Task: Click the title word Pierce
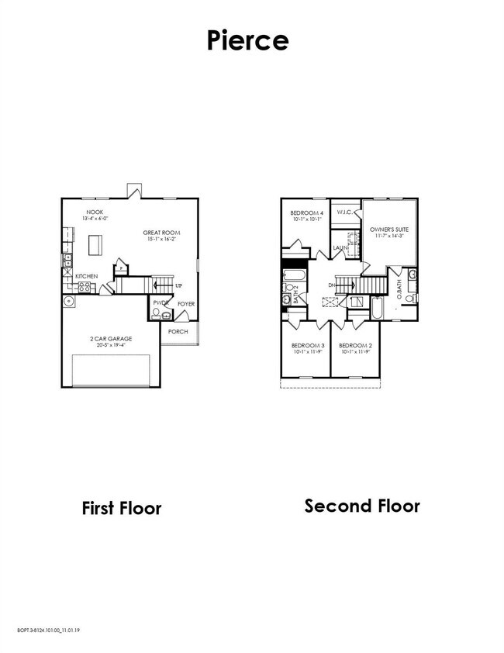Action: pyautogui.click(x=247, y=40)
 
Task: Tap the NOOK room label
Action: pyautogui.click(x=95, y=212)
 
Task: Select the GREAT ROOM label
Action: pyautogui.click(x=161, y=232)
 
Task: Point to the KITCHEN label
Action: pyautogui.click(x=86, y=276)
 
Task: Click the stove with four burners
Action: pyautogui.click(x=84, y=287)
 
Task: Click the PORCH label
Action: pyautogui.click(x=178, y=331)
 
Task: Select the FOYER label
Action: pyautogui.click(x=186, y=304)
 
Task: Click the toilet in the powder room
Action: pyautogui.click(x=156, y=313)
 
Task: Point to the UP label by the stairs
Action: pyautogui.click(x=179, y=286)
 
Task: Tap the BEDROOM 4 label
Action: pyautogui.click(x=306, y=212)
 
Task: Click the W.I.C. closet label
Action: pyautogui.click(x=344, y=212)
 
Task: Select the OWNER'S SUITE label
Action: pyautogui.click(x=388, y=230)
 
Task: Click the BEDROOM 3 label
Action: pyautogui.click(x=307, y=345)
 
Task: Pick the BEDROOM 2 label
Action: pyautogui.click(x=355, y=345)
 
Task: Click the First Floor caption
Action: pyautogui.click(x=122, y=509)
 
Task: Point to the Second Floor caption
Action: pyautogui.click(x=362, y=506)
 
